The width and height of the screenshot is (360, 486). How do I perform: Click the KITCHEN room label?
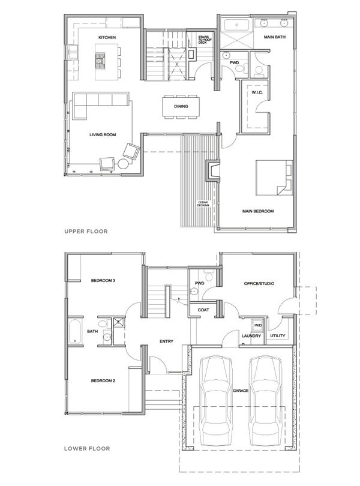pos(107,37)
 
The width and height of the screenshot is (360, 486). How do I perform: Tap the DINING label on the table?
pos(181,106)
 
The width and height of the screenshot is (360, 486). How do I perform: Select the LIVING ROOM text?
pos(102,135)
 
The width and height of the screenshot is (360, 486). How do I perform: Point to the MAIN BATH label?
pos(274,37)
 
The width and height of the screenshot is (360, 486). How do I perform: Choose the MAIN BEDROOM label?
pos(258,211)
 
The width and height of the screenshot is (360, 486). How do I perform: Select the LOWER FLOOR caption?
pos(83,448)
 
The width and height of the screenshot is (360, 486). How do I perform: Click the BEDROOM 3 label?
pos(103,281)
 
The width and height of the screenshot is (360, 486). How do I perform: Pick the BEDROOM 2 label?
pos(103,381)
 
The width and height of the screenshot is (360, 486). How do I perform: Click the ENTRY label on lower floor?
pos(166,342)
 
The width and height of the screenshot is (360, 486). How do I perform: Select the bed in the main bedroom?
pos(274,177)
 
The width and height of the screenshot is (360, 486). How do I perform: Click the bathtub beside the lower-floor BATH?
pos(74,332)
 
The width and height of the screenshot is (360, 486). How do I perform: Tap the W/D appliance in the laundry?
pos(259,326)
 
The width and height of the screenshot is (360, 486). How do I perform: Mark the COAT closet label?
pos(203,310)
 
